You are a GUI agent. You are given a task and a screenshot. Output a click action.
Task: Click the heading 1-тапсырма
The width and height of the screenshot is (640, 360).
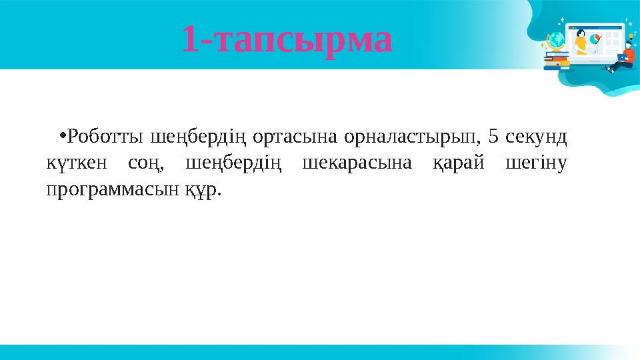(x=287, y=39)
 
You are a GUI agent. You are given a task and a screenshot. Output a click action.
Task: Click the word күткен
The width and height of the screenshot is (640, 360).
(x=75, y=164)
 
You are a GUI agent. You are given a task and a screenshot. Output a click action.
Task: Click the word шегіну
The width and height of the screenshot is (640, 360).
(x=537, y=165)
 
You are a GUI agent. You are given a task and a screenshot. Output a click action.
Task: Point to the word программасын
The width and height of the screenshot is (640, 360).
(x=111, y=191)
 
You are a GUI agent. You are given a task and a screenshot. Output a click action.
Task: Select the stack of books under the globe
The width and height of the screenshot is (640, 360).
(x=555, y=61)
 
